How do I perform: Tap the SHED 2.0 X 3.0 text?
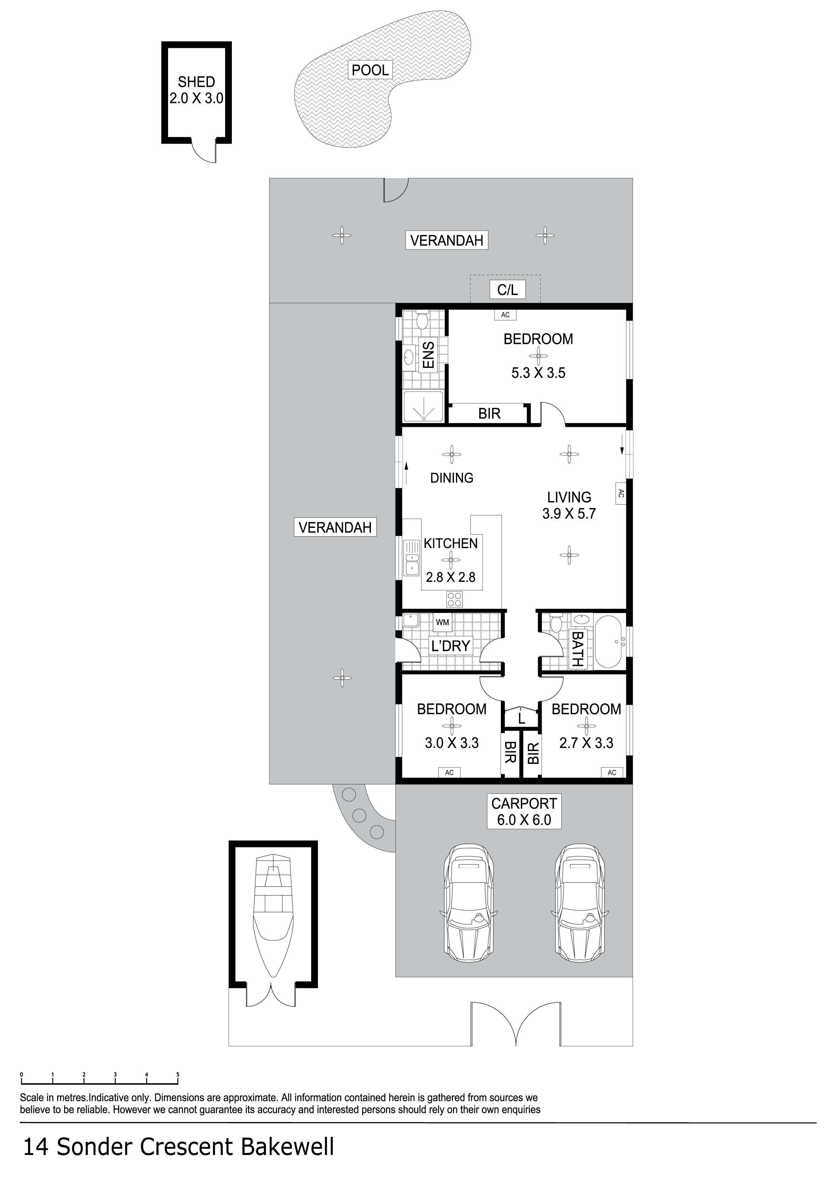point(196,90)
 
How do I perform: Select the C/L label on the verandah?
point(508,290)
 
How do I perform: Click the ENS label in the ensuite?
point(428,354)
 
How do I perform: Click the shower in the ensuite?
point(423,406)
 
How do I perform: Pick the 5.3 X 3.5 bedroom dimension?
point(538,373)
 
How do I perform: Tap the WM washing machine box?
point(442,622)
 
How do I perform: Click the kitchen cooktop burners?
point(454,599)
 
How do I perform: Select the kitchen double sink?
point(412,558)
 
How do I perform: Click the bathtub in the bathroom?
point(610,642)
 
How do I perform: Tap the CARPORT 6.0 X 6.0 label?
point(524,812)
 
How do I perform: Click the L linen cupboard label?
point(521,718)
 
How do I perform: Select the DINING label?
point(452,478)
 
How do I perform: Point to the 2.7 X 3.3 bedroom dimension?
point(586,743)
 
